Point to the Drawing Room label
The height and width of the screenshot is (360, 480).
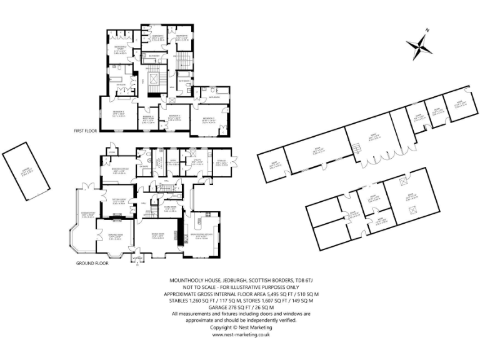115,236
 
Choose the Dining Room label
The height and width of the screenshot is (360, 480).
157,236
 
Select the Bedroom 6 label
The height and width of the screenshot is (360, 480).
182,37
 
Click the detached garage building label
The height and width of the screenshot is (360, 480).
25,167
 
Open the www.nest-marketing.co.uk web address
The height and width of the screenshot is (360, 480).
240,334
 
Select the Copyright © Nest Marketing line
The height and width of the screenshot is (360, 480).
240,327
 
